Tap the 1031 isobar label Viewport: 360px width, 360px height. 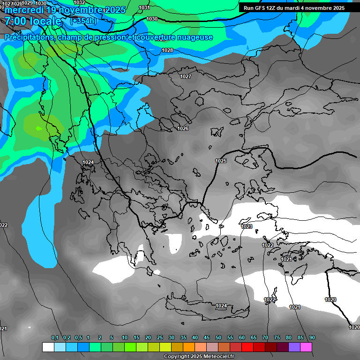pos(144,8)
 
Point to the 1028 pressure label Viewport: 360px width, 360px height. pos(167,50)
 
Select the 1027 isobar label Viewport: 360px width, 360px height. pos(186,76)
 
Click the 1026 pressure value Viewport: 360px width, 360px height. pos(183,128)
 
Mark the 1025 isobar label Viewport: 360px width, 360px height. pos(221,161)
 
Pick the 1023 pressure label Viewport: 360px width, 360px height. pos(247,226)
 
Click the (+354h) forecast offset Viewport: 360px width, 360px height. pos(84,21)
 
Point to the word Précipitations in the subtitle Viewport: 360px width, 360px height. pos(29,37)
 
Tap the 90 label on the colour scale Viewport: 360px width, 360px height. pos(312,338)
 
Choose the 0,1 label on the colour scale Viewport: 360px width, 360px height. pos(55,338)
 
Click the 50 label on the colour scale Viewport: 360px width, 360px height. pos(218,338)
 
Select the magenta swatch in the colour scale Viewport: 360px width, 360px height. pos(306,347)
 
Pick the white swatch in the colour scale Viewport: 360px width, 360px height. pos(48,347)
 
